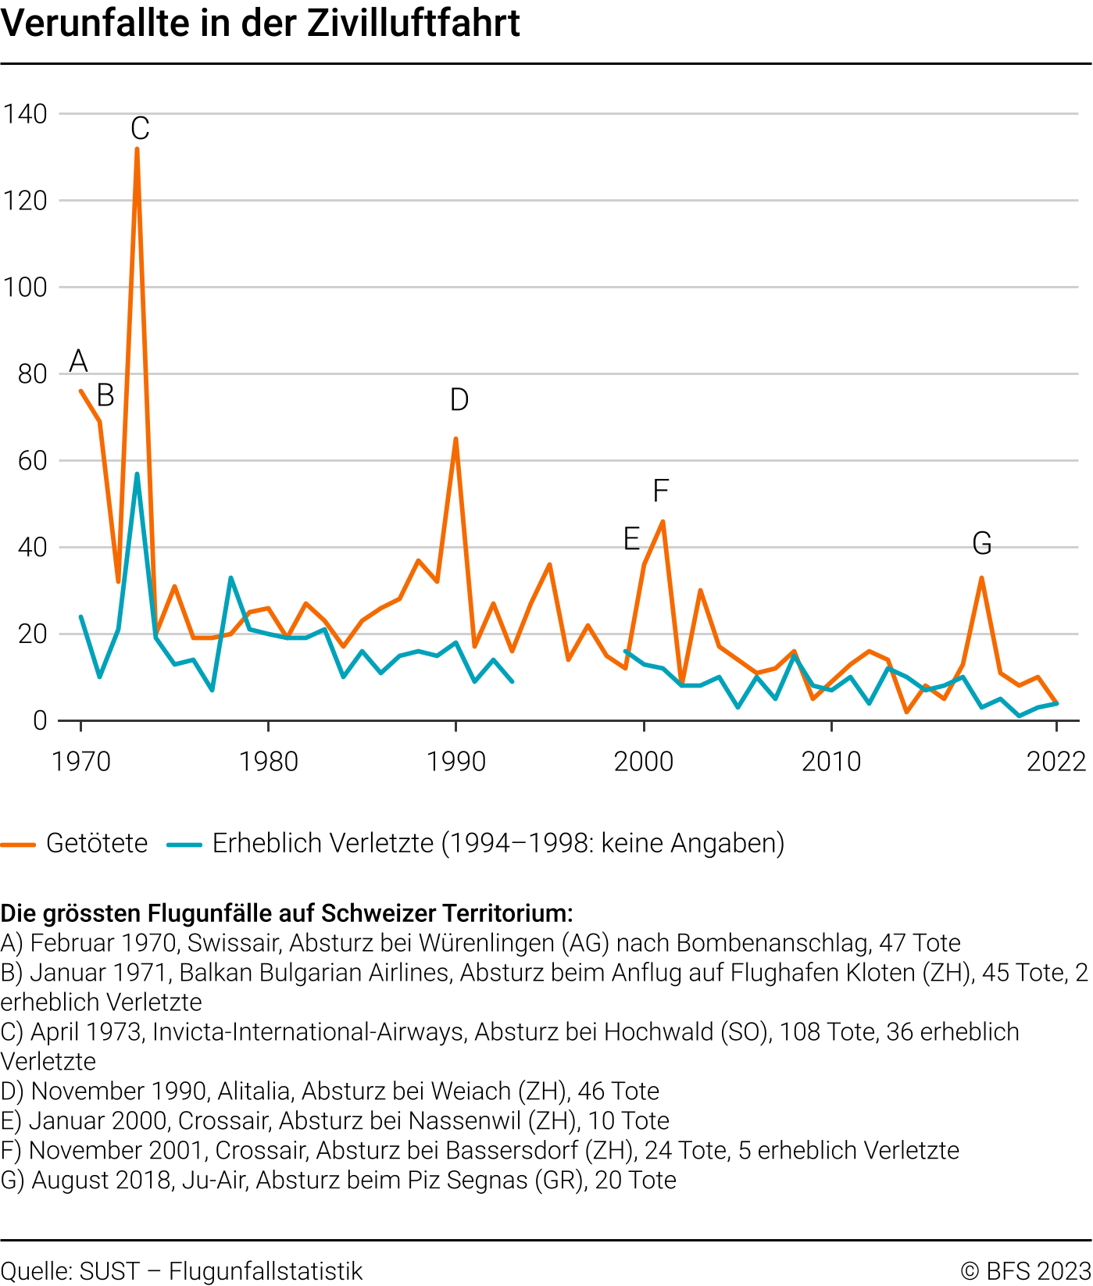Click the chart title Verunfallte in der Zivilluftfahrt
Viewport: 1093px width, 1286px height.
click(260, 23)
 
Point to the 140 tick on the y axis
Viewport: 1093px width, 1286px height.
click(25, 114)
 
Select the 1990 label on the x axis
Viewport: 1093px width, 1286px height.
click(456, 761)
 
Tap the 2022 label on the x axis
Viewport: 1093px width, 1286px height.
click(1056, 761)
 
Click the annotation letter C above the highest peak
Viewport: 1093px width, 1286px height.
click(140, 128)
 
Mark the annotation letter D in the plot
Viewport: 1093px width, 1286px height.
click(459, 400)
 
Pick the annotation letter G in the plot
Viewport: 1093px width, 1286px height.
click(982, 543)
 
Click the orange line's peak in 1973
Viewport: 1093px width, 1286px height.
click(137, 149)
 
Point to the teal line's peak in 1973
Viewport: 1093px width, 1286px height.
click(137, 474)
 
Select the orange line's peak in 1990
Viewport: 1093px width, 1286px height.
click(455, 439)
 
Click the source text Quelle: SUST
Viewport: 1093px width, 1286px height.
click(69, 1271)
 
